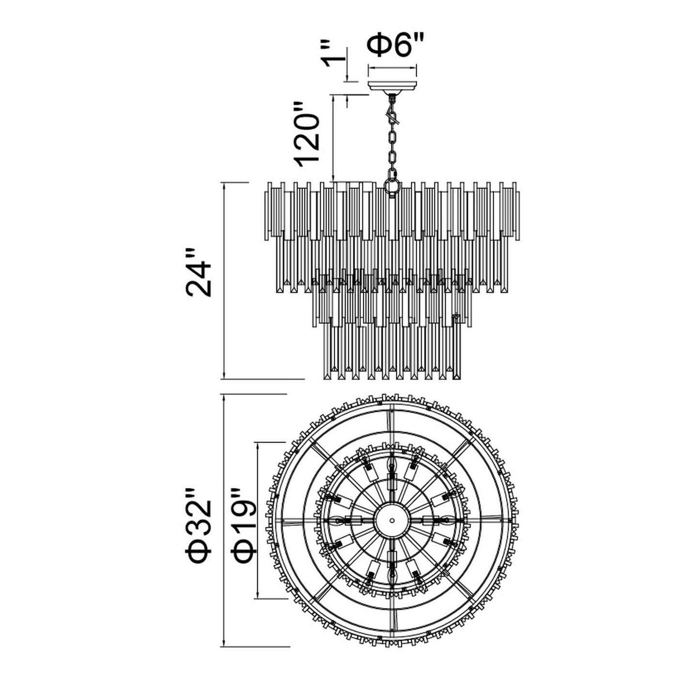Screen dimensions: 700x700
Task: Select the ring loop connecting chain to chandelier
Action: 392,186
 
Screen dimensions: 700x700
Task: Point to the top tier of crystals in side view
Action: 392,213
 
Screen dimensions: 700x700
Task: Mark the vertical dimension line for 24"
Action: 224,281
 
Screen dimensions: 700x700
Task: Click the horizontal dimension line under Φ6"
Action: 393,69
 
